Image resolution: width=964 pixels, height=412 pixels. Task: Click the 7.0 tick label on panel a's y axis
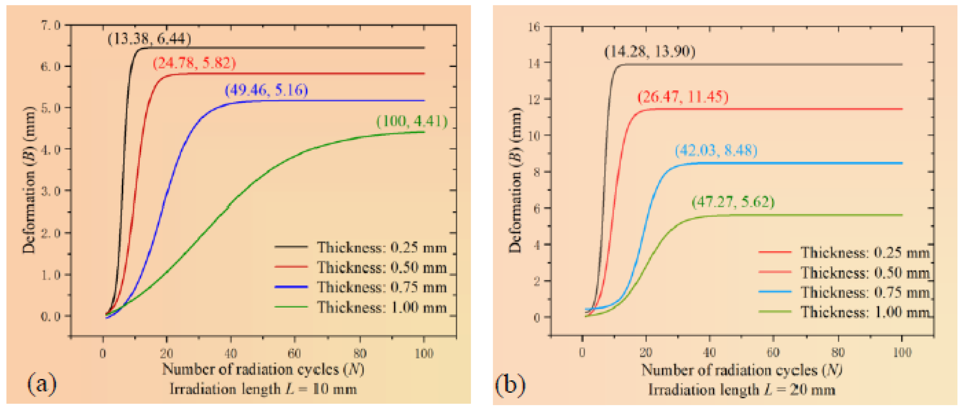(51, 25)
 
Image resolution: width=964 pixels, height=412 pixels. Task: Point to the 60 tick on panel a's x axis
(294, 353)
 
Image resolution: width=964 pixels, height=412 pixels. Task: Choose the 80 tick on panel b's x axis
(838, 352)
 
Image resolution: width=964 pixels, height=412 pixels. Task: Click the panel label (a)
(42, 384)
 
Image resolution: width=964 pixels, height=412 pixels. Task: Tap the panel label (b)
(510, 385)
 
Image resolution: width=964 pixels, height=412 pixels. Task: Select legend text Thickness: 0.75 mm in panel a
(382, 287)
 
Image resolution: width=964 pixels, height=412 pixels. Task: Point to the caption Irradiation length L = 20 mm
(742, 390)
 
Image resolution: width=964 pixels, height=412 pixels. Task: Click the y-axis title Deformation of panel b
(515, 180)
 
